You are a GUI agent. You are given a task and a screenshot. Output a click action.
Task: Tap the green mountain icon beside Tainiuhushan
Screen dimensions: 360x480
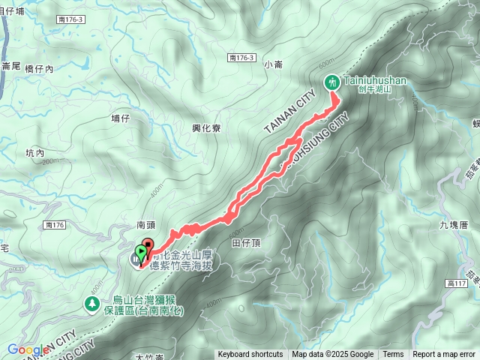click(331, 82)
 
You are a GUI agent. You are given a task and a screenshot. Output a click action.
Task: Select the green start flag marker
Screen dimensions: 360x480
click(140, 253)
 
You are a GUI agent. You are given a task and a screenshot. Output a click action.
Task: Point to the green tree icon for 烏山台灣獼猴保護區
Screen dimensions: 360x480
click(91, 304)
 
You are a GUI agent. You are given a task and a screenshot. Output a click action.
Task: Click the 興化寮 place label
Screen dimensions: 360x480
click(205, 128)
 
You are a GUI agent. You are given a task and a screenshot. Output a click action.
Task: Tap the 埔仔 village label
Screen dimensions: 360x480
click(121, 118)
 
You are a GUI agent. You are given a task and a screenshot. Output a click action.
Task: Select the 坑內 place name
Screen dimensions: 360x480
click(35, 152)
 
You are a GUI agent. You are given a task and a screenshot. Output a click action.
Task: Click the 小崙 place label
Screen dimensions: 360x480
click(274, 65)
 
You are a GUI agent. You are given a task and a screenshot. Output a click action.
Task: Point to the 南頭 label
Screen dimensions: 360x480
click(145, 223)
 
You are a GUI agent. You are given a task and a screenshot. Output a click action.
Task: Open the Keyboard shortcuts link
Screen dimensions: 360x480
click(250, 355)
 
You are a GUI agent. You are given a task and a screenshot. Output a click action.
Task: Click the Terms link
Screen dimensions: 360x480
click(393, 355)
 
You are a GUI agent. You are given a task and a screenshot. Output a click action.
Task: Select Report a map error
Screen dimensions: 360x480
click(445, 355)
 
